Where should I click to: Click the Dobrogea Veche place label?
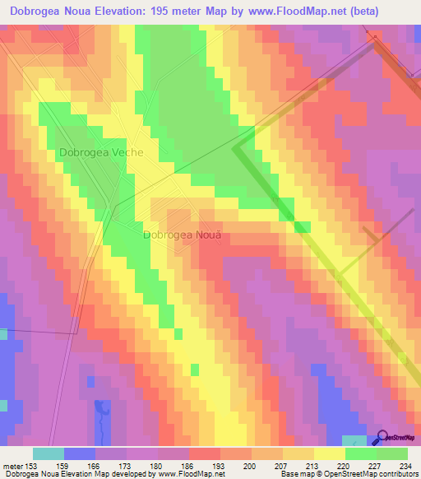click(x=101, y=153)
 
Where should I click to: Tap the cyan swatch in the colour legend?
click(x=49, y=453)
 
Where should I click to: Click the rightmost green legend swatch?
click(x=392, y=453)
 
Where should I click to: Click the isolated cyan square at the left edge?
click(x=3, y=405)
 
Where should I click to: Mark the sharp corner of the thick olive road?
click(x=236, y=148)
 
